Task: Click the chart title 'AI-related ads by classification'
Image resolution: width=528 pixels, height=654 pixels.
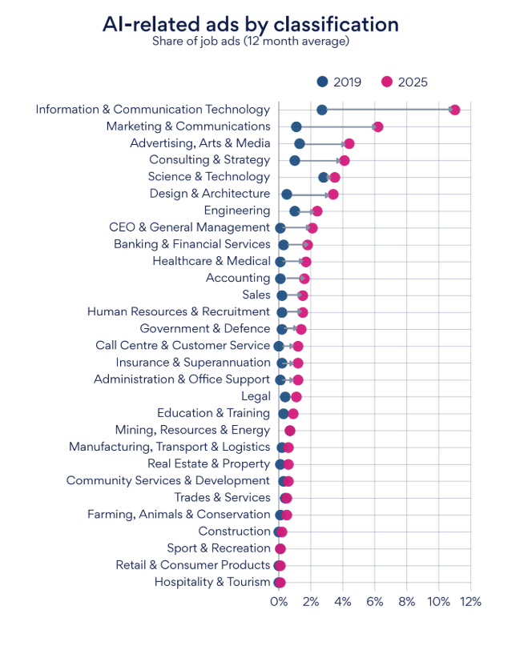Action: point(250,24)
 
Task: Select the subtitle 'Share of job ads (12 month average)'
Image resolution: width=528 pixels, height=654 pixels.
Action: point(251,42)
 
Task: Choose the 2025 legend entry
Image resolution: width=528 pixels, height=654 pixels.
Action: point(405,82)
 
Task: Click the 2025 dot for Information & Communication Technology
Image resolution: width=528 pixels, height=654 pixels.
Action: point(454,110)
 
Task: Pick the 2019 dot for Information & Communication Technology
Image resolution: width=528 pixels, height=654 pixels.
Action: point(322,110)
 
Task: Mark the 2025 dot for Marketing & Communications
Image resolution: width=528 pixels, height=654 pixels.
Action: point(378,126)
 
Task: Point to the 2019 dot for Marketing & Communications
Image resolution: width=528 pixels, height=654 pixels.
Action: point(296,126)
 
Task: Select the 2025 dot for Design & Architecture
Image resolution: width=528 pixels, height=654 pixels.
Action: point(333,194)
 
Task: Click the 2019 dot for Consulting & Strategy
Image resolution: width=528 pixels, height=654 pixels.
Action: point(295,160)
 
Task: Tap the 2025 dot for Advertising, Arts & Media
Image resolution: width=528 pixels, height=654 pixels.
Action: point(349,143)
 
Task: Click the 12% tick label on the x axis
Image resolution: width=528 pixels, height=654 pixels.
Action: point(470,601)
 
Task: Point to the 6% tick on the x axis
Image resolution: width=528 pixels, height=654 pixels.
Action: point(374,601)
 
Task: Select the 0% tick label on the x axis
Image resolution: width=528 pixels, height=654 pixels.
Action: point(278,601)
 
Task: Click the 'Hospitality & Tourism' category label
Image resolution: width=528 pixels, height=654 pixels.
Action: point(212,582)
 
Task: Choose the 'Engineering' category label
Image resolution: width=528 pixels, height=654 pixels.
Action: point(237,211)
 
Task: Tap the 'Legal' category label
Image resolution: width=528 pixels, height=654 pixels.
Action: point(256,396)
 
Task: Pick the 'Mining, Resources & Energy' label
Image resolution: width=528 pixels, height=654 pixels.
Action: point(192,430)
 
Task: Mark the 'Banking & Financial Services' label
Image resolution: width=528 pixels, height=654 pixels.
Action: point(192,244)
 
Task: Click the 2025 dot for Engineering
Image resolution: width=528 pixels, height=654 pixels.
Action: point(317,211)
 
